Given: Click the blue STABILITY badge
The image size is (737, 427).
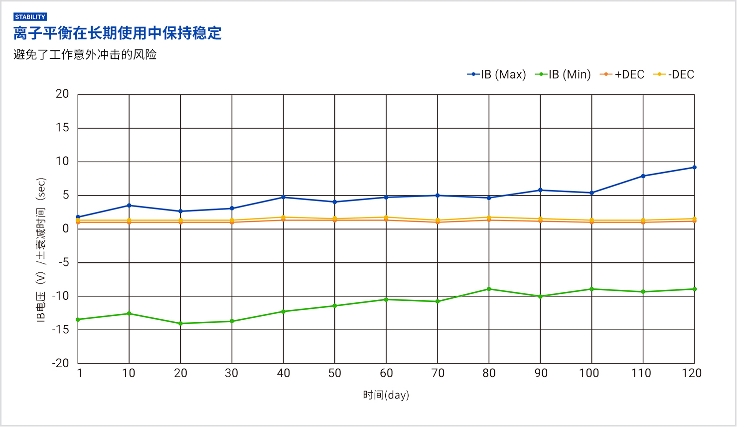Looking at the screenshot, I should tap(30, 17).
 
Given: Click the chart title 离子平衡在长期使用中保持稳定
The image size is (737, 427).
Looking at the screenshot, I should tap(118, 33).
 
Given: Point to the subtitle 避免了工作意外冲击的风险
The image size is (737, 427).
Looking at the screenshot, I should tap(85, 54).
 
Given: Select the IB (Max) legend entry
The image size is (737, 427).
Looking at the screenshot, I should tap(497, 75).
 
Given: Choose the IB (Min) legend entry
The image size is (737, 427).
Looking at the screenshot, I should tap(563, 75).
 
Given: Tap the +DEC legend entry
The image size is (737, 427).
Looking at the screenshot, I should tap(622, 75).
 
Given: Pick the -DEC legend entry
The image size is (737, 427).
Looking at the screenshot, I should tap(674, 75).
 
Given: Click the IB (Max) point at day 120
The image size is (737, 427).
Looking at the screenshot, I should tap(694, 168).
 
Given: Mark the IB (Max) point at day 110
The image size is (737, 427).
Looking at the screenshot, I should tap(643, 176).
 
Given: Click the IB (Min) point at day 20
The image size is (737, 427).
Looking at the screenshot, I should tap(180, 324).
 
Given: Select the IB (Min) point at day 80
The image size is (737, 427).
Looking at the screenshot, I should tap(489, 289).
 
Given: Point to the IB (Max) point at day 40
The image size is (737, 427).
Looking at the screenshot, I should tap(283, 197).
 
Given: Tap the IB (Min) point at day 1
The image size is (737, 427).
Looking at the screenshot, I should tap(78, 320).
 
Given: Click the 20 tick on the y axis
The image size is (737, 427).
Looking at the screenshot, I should tap(62, 94).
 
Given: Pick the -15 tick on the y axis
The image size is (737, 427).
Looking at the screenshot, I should tap(60, 330).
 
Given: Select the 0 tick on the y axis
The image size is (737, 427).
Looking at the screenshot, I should tap(65, 228).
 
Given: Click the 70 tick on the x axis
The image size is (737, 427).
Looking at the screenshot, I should tap(438, 373).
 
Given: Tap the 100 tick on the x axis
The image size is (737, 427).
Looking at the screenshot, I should tap(589, 373).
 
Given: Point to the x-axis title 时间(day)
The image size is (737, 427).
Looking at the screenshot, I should tap(386, 395).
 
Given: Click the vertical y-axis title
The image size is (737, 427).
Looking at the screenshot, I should tap(41, 249).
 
